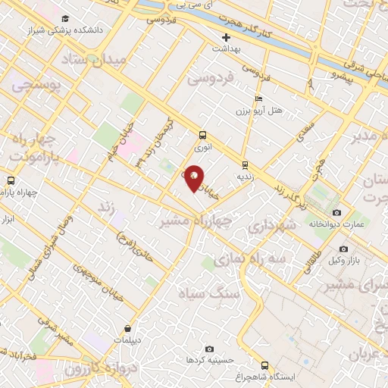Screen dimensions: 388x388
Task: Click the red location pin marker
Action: click(195, 178)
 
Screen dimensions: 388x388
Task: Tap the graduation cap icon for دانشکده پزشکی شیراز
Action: click(65, 18)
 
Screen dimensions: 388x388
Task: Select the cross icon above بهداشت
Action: click(225, 37)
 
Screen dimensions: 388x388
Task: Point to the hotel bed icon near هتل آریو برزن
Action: click(259, 99)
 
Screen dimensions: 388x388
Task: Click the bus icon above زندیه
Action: click(245, 164)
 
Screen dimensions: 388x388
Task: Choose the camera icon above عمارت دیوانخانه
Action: click(336, 213)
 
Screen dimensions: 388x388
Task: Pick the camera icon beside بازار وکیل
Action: click(343, 249)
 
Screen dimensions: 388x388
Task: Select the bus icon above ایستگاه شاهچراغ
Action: click(264, 365)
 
